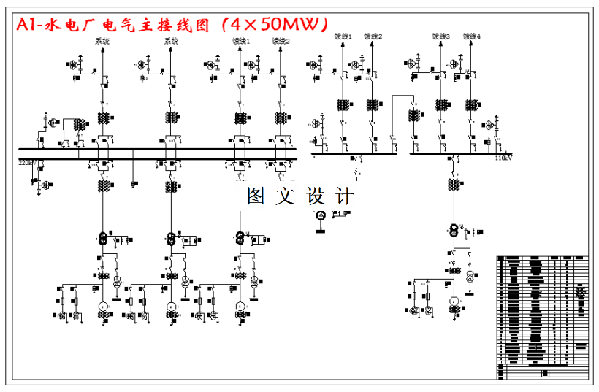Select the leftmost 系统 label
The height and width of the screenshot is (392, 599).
point(102,42)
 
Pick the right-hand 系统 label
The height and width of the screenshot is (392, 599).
point(171,42)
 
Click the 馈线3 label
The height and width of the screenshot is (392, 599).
point(441,36)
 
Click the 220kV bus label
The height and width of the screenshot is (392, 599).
point(27,162)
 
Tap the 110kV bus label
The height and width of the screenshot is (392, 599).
point(503,158)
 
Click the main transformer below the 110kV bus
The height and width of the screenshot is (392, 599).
point(453,231)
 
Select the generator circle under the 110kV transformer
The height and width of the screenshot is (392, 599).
point(453,301)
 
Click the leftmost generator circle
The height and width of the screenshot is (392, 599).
point(103,306)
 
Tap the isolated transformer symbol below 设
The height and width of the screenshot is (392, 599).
point(319,215)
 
